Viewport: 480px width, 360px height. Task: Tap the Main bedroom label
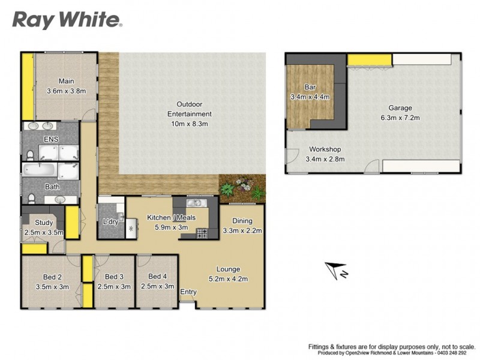pyautogui.click(x=66, y=81)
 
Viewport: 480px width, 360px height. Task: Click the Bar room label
pyautogui.click(x=310, y=86)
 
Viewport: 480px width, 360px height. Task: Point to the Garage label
pyautogui.click(x=400, y=108)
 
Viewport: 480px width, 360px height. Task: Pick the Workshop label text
pyautogui.click(x=325, y=149)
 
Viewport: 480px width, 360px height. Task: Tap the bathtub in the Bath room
pyautogui.click(x=39, y=172)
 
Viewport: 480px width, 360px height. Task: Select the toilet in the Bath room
pyautogui.click(x=29, y=198)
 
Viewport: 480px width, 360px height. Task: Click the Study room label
pyautogui.click(x=44, y=223)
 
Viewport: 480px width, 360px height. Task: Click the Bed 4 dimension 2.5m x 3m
pyautogui.click(x=157, y=286)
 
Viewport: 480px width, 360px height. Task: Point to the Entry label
pyautogui.click(x=188, y=292)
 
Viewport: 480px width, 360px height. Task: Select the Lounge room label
pyautogui.click(x=228, y=269)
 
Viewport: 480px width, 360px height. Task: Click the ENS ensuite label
pyautogui.click(x=50, y=139)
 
